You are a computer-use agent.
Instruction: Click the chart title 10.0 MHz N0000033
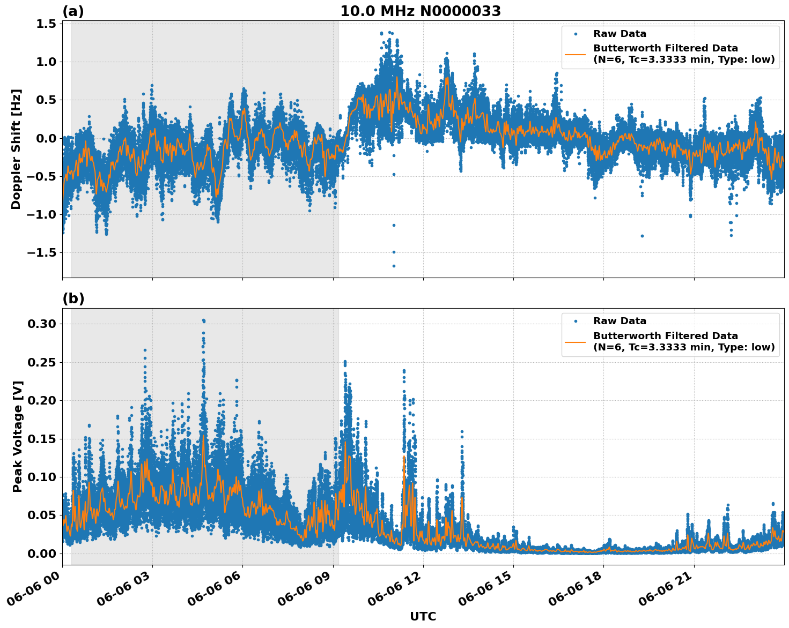pyautogui.click(x=420, y=11)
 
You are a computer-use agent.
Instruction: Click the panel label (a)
pyautogui.click(x=73, y=11)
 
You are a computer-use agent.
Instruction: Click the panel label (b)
pyautogui.click(x=73, y=298)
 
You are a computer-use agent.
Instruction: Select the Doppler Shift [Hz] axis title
pyautogui.click(x=16, y=149)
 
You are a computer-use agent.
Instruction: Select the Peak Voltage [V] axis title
pyautogui.click(x=18, y=436)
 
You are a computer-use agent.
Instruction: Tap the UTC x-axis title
pyautogui.click(x=423, y=616)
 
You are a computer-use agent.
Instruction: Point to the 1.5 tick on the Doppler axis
pyautogui.click(x=46, y=24)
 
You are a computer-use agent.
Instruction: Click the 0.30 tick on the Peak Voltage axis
pyautogui.click(x=42, y=324)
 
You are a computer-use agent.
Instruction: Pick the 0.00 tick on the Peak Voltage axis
pyautogui.click(x=42, y=554)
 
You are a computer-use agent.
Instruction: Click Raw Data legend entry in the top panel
pyautogui.click(x=620, y=34)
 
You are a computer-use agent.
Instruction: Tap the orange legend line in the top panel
pyautogui.click(x=575, y=54)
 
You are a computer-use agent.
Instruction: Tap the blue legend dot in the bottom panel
pyautogui.click(x=576, y=322)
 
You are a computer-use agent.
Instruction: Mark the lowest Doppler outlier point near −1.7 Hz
pyautogui.click(x=394, y=266)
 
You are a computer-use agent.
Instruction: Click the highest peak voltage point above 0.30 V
pyautogui.click(x=203, y=320)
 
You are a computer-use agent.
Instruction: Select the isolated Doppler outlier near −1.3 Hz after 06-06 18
pyautogui.click(x=642, y=236)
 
